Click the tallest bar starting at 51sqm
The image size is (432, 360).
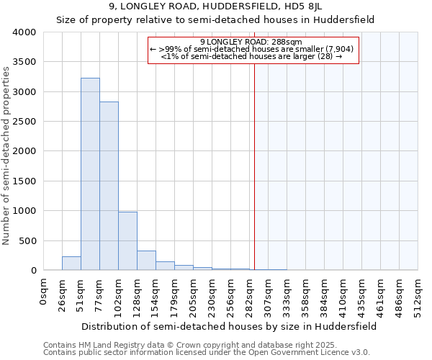[90, 174]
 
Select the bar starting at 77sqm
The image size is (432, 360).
[109, 186]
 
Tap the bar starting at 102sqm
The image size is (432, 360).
[127, 241]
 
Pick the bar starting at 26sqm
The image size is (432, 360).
[71, 264]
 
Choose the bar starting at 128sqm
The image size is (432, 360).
[146, 261]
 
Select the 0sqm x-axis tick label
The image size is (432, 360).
[44, 291]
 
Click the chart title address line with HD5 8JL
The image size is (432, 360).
[215, 6]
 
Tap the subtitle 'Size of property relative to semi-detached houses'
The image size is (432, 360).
[215, 19]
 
